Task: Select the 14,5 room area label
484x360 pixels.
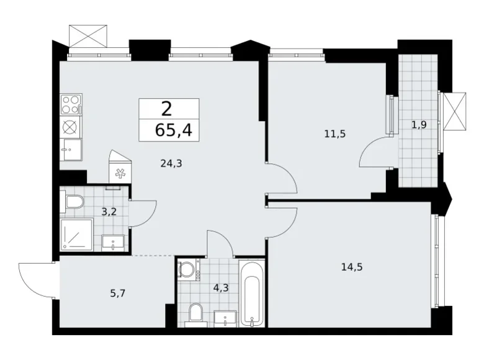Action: pyautogui.click(x=351, y=268)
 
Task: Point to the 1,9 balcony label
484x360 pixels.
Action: pyautogui.click(x=419, y=124)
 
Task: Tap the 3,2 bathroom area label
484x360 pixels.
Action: pyautogui.click(x=109, y=211)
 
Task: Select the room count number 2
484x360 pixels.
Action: pyautogui.click(x=166, y=109)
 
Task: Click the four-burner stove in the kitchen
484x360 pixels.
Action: pyautogui.click(x=71, y=104)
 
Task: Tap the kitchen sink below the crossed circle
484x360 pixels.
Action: pyautogui.click(x=71, y=150)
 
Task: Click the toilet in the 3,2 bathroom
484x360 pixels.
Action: pyautogui.click(x=74, y=202)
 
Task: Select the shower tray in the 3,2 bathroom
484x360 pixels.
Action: pyautogui.click(x=76, y=235)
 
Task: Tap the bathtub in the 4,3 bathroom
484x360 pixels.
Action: pyautogui.click(x=252, y=293)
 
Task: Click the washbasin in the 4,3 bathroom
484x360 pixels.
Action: pyautogui.click(x=223, y=318)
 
